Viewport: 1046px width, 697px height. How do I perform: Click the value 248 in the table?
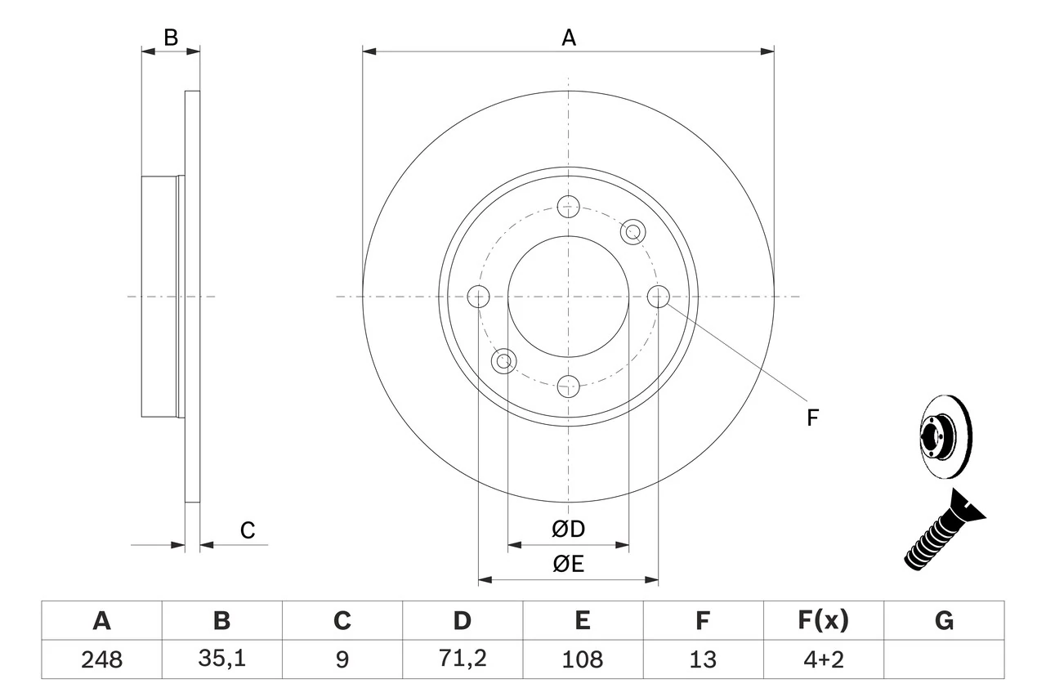tap(101, 659)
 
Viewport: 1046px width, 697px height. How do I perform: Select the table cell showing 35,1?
tap(221, 659)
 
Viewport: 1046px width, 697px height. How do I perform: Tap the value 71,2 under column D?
tap(462, 659)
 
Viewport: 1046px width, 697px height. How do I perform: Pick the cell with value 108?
tap(582, 659)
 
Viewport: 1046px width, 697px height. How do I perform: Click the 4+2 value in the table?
tap(823, 659)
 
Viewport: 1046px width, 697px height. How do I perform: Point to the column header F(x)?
tap(823, 621)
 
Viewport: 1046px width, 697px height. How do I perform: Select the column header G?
tap(944, 621)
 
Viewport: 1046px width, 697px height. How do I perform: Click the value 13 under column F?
tap(702, 659)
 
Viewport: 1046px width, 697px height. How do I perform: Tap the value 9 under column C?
tap(342, 659)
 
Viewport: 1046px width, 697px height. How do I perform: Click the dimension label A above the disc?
tap(568, 37)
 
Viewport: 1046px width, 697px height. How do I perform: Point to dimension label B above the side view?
tap(170, 37)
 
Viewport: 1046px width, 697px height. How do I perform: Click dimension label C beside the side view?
tap(248, 530)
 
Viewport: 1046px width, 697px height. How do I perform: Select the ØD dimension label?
tap(568, 529)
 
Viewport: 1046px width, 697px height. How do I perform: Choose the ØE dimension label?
tap(568, 565)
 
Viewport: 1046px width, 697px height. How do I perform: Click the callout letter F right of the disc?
tap(812, 418)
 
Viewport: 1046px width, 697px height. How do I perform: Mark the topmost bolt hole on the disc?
tap(568, 207)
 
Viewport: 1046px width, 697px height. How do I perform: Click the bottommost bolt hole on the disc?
tap(568, 385)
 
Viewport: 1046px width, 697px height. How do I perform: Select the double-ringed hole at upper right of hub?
tap(632, 232)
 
